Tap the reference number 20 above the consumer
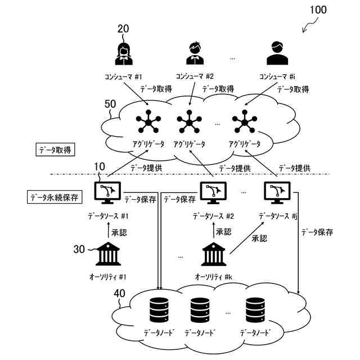[123, 29]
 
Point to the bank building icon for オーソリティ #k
[213, 254]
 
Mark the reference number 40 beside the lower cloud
[120, 293]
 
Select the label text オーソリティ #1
[109, 277]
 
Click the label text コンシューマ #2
[195, 76]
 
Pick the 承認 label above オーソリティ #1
[119, 232]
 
